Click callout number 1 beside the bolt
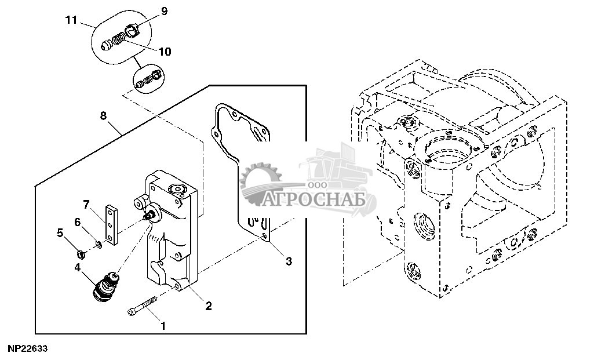[163, 326]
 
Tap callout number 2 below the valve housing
[209, 306]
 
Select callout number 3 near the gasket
[289, 261]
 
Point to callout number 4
[78, 268]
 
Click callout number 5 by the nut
[60, 233]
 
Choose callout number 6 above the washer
[78, 223]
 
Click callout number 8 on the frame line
[103, 115]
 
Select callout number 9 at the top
[164, 11]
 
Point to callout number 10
[165, 52]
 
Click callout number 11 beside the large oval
[71, 20]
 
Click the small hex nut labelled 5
[81, 254]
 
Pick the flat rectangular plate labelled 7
[112, 224]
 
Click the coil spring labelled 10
[118, 39]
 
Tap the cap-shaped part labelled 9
[132, 30]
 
